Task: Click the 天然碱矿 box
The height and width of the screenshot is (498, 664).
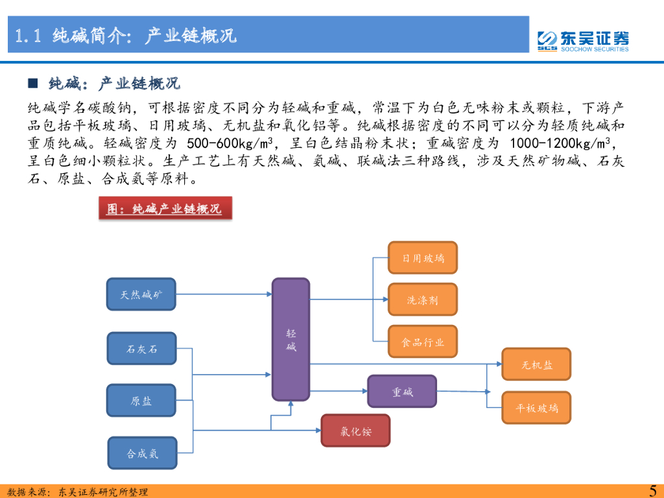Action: [x=141, y=295]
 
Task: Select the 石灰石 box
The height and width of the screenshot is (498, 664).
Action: [x=141, y=349]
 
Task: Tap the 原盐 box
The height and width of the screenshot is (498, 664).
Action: [x=141, y=401]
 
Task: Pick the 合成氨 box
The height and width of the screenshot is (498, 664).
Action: [x=141, y=453]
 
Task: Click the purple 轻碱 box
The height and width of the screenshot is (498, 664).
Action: [x=290, y=339]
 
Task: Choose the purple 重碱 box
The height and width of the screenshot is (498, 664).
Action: [x=402, y=392]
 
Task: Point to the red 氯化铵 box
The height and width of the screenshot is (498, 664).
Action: [x=355, y=431]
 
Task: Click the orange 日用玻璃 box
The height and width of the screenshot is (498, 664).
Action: [x=422, y=258]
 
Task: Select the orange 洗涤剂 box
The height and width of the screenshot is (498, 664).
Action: [x=422, y=300]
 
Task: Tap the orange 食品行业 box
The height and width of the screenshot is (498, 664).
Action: [x=422, y=342]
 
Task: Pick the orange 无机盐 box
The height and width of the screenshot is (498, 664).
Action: [x=536, y=364]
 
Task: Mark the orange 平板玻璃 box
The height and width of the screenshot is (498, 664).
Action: [x=536, y=408]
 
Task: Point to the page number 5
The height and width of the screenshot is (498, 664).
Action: [x=652, y=490]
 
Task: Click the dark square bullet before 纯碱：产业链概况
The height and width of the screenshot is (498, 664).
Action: [x=32, y=84]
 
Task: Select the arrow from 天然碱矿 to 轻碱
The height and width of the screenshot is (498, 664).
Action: [x=224, y=294]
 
